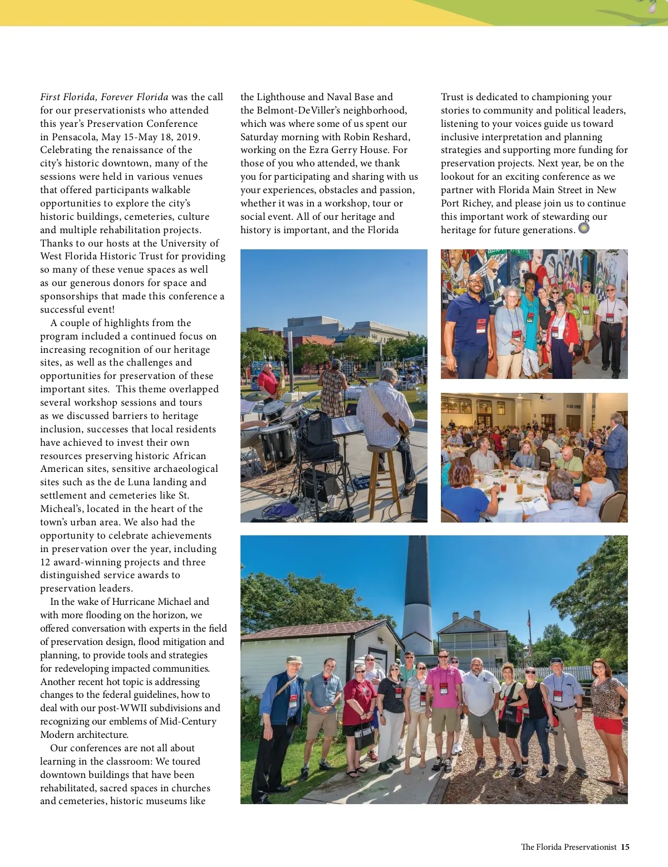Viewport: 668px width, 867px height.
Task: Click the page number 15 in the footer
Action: (x=625, y=847)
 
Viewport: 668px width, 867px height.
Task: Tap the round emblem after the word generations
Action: (x=583, y=228)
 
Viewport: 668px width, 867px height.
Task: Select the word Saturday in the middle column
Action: (x=261, y=137)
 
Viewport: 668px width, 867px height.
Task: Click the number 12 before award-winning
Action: (x=45, y=562)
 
